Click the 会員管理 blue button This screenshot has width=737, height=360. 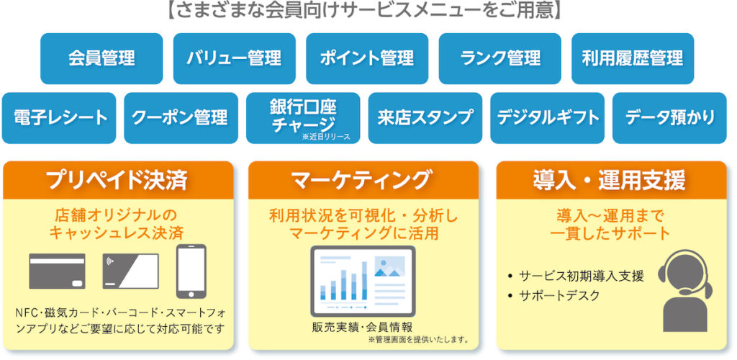click(x=101, y=59)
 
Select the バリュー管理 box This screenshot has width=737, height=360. click(x=234, y=59)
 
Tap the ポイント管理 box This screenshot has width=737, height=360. click(x=367, y=59)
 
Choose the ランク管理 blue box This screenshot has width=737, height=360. click(x=499, y=59)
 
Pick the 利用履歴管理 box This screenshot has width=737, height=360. click(x=633, y=59)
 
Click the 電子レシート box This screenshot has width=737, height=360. click(x=59, y=118)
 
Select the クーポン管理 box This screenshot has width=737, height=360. click(x=181, y=118)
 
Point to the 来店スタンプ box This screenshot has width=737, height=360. click(x=425, y=118)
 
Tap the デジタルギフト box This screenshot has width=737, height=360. click(x=547, y=118)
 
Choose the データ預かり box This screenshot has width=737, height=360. click(x=669, y=118)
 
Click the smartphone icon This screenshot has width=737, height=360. click(x=191, y=271)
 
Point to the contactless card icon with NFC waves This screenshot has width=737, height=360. click(x=131, y=271)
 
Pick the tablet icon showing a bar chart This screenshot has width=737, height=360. click(x=363, y=281)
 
